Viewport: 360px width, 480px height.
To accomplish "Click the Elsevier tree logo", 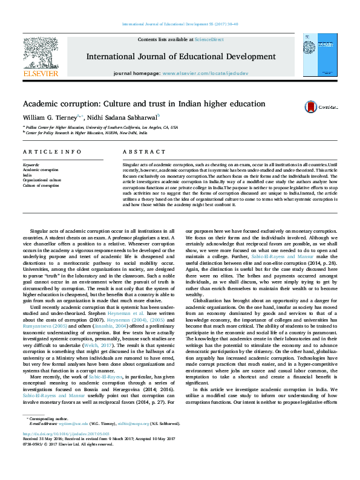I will tap(40, 54).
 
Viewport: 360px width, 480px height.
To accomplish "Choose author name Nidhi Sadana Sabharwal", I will tap(125, 116).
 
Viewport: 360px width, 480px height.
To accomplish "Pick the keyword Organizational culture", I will tap(42, 180).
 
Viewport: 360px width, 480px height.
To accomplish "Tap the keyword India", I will tap(27, 175).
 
